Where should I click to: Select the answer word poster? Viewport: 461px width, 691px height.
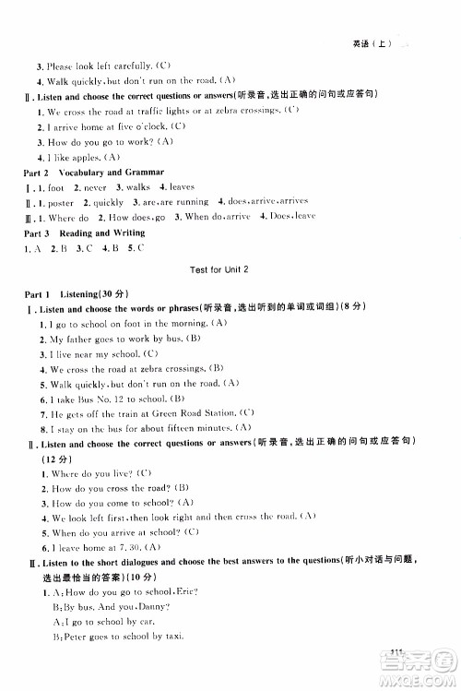click(x=59, y=202)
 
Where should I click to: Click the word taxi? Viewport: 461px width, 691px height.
click(x=172, y=637)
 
